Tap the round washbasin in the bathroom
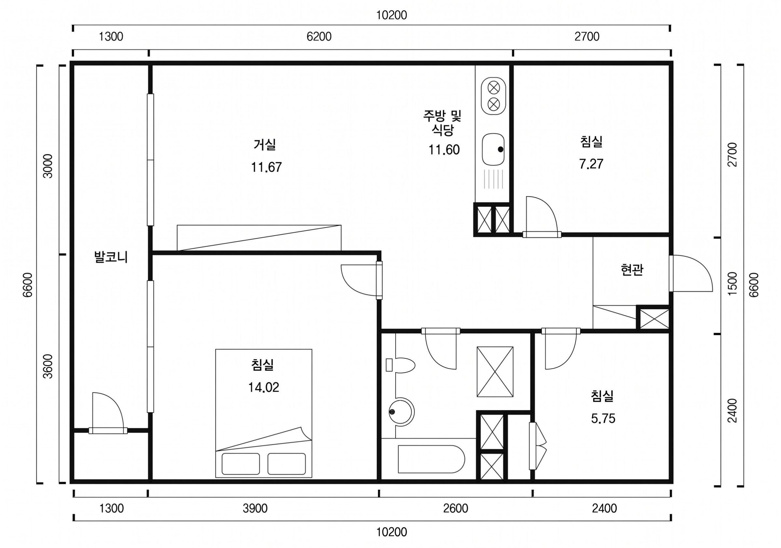pos(401,411)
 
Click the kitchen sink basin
pos(493,149)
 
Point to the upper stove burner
pos(493,87)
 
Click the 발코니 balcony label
pos(111,257)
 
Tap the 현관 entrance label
pos(632,270)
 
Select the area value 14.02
pos(264,387)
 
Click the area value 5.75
pos(603,418)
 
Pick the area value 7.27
pos(591,164)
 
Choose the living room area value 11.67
pos(266,167)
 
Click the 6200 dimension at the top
pos(319,36)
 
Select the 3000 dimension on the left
pos(48,166)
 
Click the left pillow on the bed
pos(241,464)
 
